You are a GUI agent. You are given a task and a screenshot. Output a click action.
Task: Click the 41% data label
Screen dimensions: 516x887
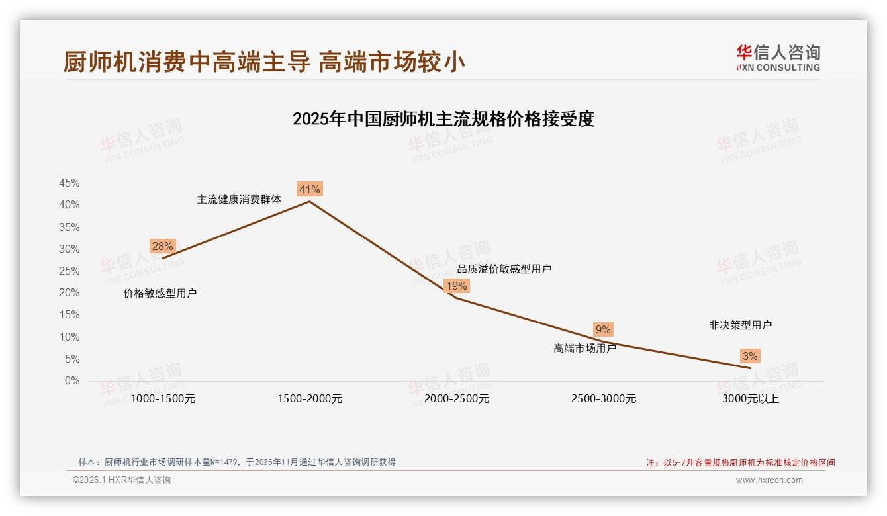coord(309,190)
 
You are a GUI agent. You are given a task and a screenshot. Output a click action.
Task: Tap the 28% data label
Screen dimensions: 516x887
coord(162,247)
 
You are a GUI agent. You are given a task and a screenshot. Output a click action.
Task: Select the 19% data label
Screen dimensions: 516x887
coord(456,286)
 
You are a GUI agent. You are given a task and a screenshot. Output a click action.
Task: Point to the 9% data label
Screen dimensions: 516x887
coord(603,329)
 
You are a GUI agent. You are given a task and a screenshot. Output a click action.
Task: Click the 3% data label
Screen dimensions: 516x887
coord(750,357)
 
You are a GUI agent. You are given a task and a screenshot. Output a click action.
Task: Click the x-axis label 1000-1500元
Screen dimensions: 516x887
coord(163,399)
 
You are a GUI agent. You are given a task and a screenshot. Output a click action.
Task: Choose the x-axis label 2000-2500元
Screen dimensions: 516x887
coord(457,399)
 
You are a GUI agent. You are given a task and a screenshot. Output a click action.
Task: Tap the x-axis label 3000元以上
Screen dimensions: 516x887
coord(751,399)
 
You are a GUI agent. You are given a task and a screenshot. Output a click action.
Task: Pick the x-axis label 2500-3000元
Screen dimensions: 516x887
coord(604,399)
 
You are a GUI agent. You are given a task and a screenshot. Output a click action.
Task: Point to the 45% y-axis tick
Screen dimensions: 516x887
coord(70,183)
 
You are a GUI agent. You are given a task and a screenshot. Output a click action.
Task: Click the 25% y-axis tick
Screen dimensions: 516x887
coord(70,271)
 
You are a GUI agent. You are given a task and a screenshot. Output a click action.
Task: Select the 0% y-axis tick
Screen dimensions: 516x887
coord(72,381)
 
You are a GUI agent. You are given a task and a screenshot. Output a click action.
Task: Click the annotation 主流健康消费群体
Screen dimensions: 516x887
coord(239,199)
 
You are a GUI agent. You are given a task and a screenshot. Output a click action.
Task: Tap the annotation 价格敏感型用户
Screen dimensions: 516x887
coord(160,294)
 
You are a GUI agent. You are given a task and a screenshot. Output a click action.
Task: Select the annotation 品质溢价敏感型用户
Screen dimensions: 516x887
coord(504,269)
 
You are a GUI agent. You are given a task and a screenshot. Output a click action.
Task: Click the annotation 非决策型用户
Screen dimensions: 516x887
coord(740,325)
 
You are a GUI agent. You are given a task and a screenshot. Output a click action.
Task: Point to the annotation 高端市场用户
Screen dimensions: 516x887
coord(584,348)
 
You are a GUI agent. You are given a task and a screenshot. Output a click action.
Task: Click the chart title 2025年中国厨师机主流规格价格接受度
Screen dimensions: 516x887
coord(443,119)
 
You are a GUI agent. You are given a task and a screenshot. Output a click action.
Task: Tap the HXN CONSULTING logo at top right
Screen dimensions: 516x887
coord(778,58)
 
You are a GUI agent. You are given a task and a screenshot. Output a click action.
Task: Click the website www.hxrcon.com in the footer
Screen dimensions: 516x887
coord(769,480)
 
